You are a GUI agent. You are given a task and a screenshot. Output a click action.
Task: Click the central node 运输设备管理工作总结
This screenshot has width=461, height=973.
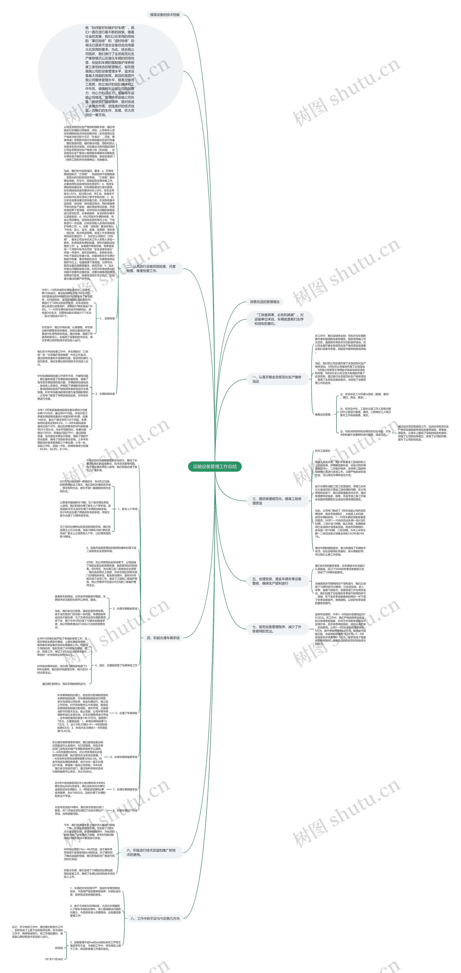(215, 466)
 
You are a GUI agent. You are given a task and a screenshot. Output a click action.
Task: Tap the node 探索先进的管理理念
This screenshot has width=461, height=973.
(265, 302)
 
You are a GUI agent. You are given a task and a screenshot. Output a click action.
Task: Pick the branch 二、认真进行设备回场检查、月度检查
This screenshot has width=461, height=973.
(151, 269)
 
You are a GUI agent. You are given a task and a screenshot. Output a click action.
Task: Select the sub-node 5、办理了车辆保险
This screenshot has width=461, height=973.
(126, 713)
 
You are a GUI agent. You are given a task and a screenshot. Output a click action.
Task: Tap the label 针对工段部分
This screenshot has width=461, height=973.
(323, 451)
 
